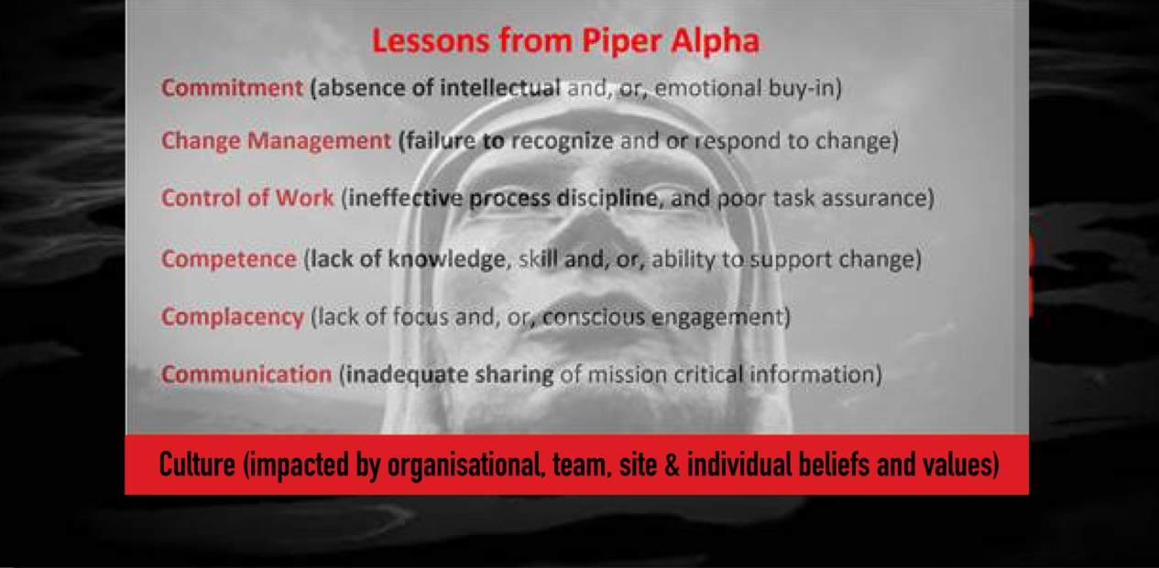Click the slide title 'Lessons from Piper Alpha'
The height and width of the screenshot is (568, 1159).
point(565,41)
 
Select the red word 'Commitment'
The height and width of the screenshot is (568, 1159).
point(232,87)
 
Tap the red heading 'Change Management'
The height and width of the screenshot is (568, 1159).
point(276,141)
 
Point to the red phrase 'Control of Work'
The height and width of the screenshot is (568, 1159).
point(247,198)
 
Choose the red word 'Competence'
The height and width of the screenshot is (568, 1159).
point(229,258)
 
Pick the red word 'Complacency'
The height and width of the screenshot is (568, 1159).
point(233,317)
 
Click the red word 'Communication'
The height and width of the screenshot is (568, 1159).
point(246,375)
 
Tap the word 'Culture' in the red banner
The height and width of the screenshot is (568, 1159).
point(197,464)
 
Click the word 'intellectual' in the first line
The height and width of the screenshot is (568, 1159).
point(500,87)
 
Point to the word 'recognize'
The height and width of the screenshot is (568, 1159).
point(562,141)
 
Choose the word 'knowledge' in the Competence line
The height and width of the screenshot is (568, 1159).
point(446,259)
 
